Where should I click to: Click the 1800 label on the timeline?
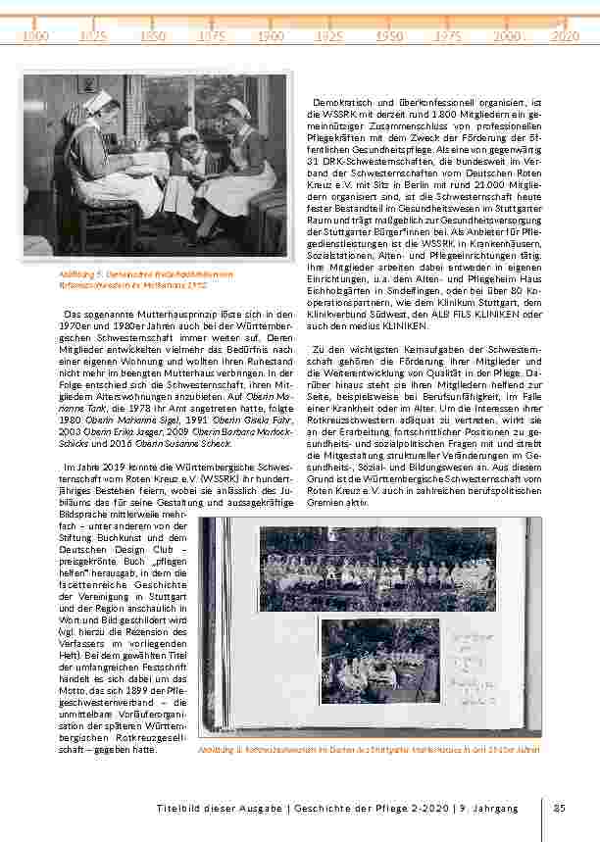(x=35, y=35)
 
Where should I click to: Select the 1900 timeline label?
(x=272, y=35)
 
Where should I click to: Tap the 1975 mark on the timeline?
(x=448, y=35)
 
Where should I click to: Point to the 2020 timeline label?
(x=566, y=35)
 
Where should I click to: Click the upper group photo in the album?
(x=377, y=568)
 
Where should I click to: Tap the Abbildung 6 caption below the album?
(x=369, y=749)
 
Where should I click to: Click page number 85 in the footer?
(x=560, y=809)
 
